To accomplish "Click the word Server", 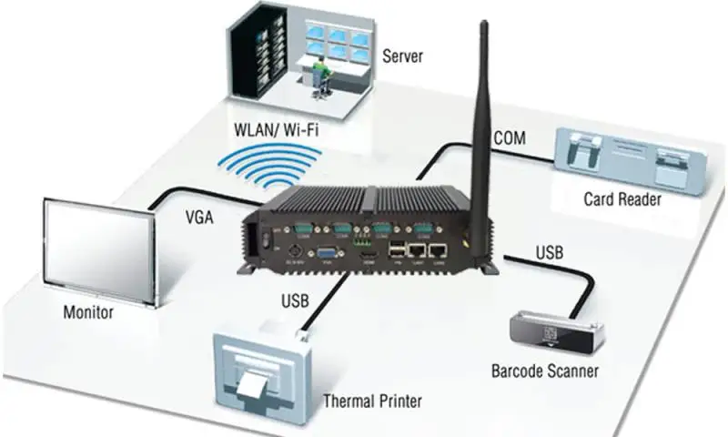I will point(403,57).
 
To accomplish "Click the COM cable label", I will point(510,138).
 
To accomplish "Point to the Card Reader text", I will point(622,199).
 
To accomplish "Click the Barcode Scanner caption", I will point(545,371).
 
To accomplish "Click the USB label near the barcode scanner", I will point(552,251).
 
